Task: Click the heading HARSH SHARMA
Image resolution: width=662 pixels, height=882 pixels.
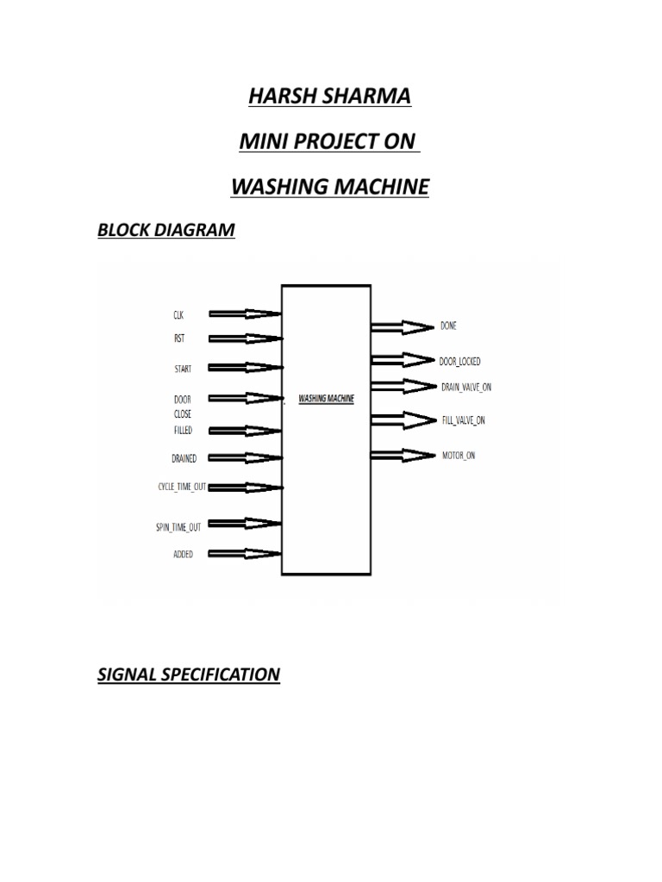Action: coord(330,96)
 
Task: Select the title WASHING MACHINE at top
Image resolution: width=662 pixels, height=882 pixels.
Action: coord(330,186)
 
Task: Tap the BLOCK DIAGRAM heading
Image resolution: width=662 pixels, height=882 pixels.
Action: coord(165,230)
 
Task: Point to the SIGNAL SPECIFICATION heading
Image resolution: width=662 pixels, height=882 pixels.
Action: coord(188,674)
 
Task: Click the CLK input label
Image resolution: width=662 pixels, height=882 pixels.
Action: coord(178,315)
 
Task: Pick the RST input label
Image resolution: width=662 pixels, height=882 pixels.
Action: coord(178,339)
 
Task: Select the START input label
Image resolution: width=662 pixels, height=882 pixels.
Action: coord(183,369)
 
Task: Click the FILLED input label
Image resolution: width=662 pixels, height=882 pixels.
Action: coord(182,430)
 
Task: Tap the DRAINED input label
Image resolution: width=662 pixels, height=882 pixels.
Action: coord(184,458)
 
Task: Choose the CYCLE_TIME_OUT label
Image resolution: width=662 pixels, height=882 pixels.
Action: coord(181,487)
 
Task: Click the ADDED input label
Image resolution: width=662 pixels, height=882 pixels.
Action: coord(183,555)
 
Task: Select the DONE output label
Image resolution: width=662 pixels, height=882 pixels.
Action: coord(448,326)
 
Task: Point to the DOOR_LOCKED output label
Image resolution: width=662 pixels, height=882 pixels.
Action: coord(460,362)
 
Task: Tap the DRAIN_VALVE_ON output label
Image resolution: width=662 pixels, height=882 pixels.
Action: coord(465,387)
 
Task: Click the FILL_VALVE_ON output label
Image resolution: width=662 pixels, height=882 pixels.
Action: coord(463,420)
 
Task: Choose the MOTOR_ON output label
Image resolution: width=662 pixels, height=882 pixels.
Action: coord(458,455)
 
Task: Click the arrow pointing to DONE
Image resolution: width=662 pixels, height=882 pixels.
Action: coord(403,326)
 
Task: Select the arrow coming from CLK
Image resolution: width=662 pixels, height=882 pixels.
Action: coord(245,314)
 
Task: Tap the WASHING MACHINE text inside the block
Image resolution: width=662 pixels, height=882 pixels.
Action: coord(326,400)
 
